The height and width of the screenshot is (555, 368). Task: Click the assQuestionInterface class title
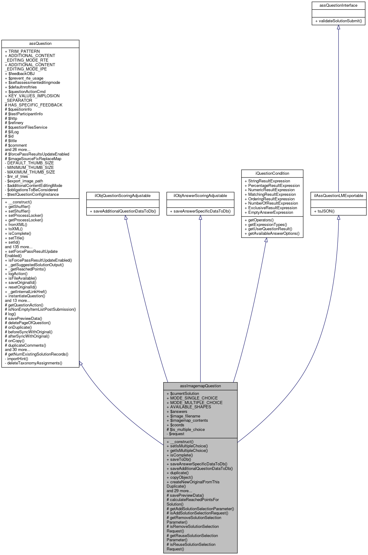(338, 5)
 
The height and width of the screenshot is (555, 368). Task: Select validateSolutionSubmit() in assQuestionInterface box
(338, 21)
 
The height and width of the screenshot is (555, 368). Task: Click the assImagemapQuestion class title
(200, 386)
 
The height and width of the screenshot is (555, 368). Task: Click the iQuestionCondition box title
(272, 173)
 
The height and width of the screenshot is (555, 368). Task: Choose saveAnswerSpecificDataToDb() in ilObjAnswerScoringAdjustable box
(200, 211)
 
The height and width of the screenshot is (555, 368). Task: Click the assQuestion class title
(40, 43)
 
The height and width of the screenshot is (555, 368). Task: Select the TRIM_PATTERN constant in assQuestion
(22, 51)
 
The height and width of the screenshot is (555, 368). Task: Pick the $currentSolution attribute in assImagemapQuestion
(183, 393)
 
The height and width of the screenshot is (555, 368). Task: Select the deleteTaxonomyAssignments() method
(34, 363)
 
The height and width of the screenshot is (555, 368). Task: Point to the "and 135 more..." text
(19, 247)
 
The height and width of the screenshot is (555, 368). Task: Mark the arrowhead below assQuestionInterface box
(338, 27)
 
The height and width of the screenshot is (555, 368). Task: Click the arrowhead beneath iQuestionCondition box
(266, 240)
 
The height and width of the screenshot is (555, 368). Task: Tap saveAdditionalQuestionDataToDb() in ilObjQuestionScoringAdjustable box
(123, 211)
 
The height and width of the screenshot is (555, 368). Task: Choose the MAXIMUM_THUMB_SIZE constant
(30, 172)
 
